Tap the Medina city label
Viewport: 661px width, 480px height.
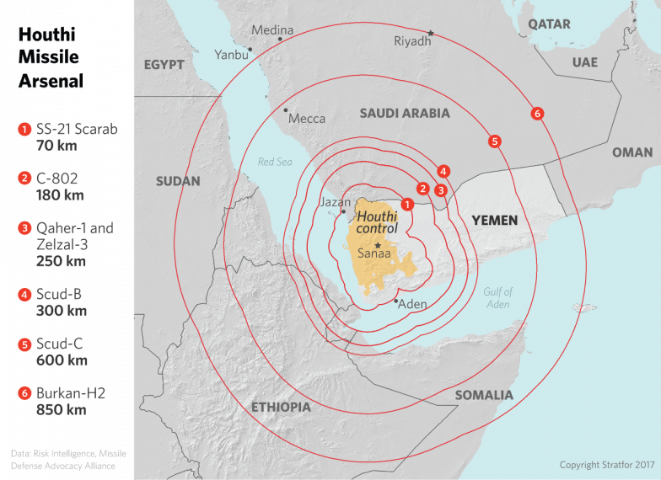272,30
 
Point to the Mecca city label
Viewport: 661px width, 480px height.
307,119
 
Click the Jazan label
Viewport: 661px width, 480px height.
335,203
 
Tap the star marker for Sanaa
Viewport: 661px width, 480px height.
377,245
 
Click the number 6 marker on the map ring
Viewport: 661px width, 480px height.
537,114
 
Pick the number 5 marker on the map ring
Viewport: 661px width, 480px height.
495,141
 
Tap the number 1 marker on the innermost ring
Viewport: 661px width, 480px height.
407,204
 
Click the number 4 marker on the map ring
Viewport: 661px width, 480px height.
443,172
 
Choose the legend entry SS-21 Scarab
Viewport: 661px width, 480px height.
76,130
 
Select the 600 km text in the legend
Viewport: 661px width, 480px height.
62,360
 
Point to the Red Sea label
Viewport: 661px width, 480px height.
275,162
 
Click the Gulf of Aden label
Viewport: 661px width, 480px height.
497,298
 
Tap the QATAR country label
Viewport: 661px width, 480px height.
549,24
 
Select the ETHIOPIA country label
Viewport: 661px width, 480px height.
281,408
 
